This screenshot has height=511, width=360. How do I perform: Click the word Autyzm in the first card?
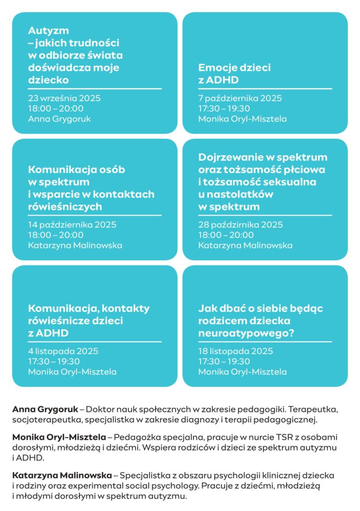(48, 30)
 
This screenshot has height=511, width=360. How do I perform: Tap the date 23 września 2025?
(64, 98)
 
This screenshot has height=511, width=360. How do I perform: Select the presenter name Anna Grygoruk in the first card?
(59, 119)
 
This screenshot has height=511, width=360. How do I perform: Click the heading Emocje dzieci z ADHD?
(234, 73)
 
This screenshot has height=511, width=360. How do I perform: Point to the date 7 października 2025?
(240, 98)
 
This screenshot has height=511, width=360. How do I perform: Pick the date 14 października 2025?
(72, 225)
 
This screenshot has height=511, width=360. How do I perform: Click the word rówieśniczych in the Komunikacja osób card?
(65, 207)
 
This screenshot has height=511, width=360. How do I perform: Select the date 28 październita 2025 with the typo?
(240, 225)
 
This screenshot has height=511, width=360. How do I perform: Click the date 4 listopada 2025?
(63, 351)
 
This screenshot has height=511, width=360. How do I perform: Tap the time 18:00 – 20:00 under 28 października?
(225, 235)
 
